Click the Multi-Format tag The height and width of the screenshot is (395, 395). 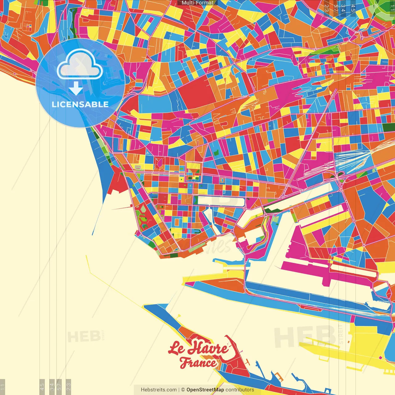(197, 3)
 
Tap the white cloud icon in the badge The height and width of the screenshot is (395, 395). (80, 64)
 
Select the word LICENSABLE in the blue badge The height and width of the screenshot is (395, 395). (80, 104)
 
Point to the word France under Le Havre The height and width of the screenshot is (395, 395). (198, 363)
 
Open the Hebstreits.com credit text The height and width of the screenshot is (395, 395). (159, 390)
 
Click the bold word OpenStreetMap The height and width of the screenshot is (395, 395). (205, 390)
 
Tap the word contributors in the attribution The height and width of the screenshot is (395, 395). (240, 390)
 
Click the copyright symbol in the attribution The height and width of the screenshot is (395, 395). (183, 390)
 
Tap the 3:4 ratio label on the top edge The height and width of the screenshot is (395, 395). (343, 8)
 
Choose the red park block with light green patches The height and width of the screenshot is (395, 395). (144, 216)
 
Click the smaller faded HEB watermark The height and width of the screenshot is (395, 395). (84, 337)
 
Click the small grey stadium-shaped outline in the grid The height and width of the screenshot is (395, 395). (138, 167)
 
